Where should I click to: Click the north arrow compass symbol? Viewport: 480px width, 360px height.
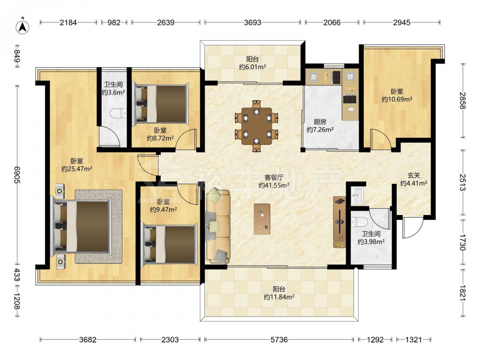coord(23,26)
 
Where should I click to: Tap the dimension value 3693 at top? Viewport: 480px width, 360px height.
coord(252,23)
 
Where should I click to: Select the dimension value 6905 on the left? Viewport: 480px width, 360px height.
coord(17,175)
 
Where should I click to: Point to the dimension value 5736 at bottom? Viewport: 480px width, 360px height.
coord(279,339)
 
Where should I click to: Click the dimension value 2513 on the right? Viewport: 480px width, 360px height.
coord(462,182)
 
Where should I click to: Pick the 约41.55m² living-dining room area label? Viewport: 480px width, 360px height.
coord(274,185)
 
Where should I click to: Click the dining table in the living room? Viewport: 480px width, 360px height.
coord(256,126)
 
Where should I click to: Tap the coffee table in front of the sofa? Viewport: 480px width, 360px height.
coord(262,219)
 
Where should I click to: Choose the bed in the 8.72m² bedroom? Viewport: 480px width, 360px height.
coord(160,104)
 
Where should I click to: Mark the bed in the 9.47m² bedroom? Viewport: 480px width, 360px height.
coord(170,244)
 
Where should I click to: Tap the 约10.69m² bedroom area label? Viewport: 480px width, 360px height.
coord(397,99)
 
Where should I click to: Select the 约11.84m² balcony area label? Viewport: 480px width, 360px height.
coord(279,297)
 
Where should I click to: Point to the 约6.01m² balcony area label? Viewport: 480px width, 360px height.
coord(252,67)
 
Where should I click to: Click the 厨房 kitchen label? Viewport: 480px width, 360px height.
coord(320,122)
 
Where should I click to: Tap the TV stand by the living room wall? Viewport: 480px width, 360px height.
coord(339,222)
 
